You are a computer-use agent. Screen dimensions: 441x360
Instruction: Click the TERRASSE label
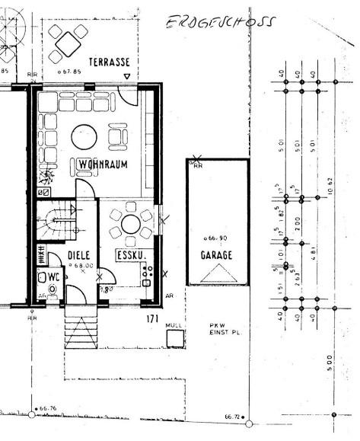[x=108, y=62]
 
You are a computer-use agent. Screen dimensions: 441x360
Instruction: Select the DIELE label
[x=79, y=255]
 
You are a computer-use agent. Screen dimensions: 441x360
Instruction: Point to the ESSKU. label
[x=130, y=255]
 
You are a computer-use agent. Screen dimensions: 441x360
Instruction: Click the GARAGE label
[x=217, y=256]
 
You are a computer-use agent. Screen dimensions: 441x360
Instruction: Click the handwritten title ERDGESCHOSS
[x=221, y=23]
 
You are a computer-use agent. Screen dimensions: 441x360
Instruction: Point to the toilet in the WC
[x=52, y=289]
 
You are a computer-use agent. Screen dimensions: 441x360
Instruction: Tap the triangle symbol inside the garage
[x=218, y=275]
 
